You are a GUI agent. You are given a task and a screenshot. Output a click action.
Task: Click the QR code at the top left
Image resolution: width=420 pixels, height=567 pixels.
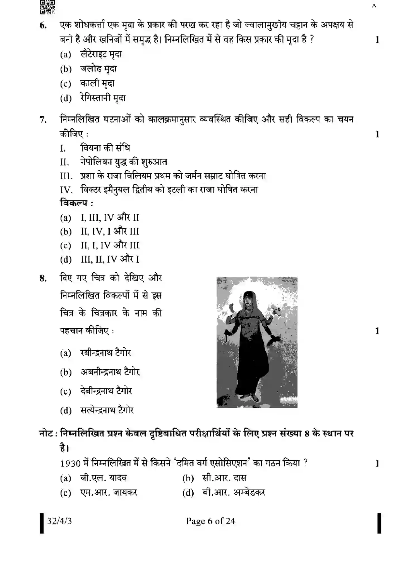(47, 7)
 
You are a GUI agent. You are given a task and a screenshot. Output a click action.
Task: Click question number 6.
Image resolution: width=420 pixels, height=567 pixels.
(43, 25)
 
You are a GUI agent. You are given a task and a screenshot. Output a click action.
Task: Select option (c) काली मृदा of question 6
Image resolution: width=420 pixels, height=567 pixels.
(97, 83)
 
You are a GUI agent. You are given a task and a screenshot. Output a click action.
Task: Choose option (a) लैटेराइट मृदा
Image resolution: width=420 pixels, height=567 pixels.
(101, 54)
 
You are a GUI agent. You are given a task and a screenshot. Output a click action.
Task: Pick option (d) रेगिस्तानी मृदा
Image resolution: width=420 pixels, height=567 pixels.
(103, 98)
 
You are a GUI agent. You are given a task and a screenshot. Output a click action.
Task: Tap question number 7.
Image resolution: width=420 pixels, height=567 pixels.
(43, 120)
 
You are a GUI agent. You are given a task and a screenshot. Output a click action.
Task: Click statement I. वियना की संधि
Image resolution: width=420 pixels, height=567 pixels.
(105, 148)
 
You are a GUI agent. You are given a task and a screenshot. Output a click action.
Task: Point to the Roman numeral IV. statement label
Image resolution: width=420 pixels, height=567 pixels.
(66, 190)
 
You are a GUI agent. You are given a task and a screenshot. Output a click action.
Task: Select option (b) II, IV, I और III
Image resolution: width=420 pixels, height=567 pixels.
(109, 231)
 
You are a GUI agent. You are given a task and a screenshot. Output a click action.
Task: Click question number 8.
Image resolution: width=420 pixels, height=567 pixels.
(43, 278)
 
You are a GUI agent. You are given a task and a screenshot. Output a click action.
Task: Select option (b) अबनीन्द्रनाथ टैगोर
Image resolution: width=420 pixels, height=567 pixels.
(110, 372)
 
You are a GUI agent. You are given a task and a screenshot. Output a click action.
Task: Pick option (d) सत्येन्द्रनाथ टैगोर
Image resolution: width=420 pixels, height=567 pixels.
(107, 410)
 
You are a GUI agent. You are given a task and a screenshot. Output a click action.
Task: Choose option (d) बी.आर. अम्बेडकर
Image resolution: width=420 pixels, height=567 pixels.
(234, 493)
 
